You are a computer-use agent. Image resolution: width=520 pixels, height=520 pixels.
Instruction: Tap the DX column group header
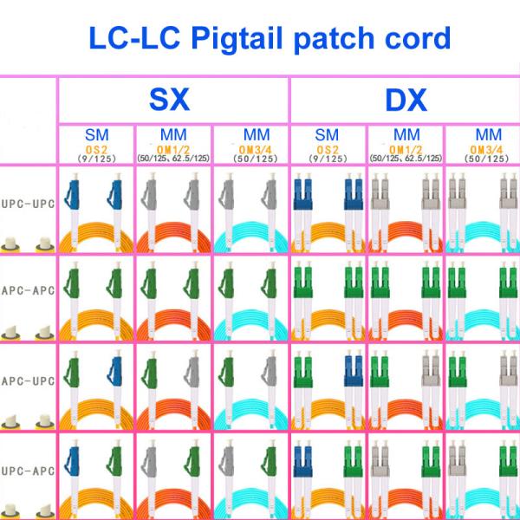click(405, 101)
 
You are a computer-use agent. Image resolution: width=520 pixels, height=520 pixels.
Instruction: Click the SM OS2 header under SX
click(96, 145)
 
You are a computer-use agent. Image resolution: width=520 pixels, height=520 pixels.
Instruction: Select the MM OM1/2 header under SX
click(173, 145)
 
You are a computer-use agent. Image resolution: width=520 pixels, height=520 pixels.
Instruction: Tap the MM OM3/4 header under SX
click(251, 145)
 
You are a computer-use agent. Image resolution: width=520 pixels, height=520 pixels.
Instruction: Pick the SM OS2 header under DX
click(328, 145)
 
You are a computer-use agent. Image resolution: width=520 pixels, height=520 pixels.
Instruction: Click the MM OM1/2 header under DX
click(406, 145)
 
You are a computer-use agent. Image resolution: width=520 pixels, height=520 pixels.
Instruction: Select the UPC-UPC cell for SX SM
click(96, 210)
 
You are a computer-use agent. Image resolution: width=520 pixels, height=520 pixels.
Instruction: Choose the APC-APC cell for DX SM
click(328, 300)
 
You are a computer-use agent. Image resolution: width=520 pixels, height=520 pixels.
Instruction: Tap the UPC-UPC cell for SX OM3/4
click(251, 210)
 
